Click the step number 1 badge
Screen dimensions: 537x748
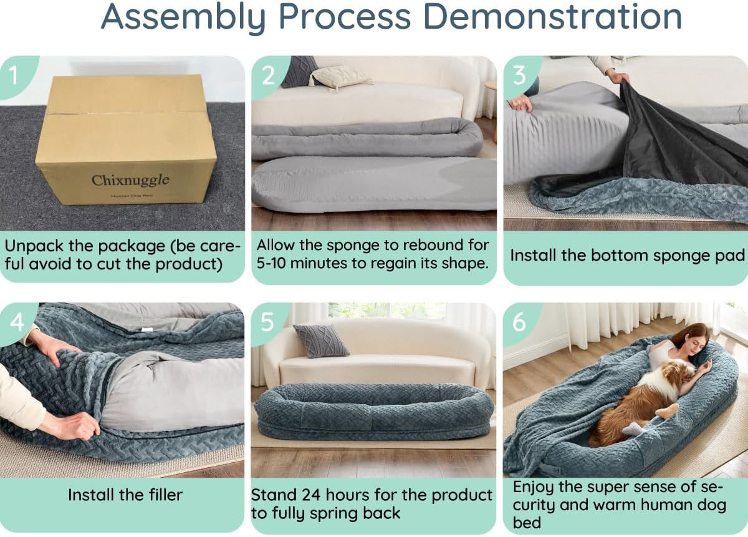pos(14,75)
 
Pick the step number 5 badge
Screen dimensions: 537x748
pos(267,322)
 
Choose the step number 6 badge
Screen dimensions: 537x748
pos(519,322)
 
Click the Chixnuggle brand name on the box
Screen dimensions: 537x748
pos(130,180)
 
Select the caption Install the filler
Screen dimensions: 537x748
pos(125,495)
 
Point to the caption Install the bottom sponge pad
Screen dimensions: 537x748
pos(627,255)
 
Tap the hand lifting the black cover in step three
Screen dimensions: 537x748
pos(618,77)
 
